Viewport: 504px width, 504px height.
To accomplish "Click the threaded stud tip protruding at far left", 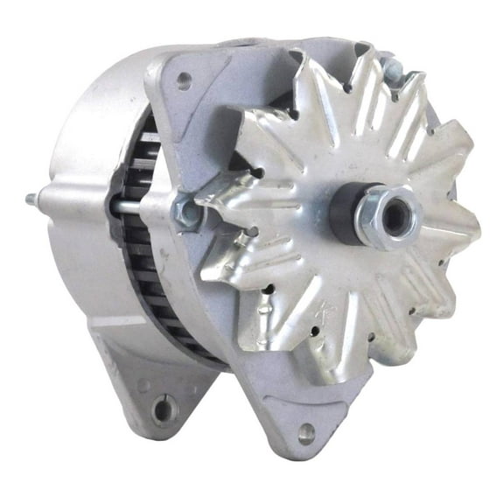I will pos(54,199).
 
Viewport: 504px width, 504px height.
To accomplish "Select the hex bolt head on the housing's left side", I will pos(186,210).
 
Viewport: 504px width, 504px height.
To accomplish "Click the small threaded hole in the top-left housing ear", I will pos(183,80).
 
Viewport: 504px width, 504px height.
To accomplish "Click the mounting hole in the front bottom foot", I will pos(306,431).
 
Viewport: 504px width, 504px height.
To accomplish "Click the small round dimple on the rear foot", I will pos(143,385).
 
